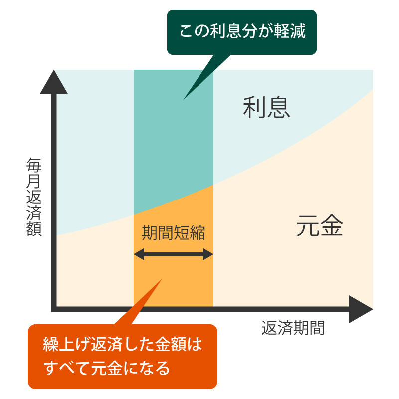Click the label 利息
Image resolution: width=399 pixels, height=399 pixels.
point(266,107)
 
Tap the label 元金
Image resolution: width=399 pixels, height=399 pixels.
point(319,226)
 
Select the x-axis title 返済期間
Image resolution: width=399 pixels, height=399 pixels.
point(293,328)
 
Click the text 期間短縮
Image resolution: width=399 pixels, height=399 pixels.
point(173,233)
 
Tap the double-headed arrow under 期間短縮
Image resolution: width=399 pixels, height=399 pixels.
point(174,255)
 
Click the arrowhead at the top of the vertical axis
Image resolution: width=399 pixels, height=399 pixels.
point(54,83)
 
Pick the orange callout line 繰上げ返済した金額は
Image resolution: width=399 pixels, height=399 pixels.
point(123,345)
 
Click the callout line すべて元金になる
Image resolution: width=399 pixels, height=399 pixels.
point(107,369)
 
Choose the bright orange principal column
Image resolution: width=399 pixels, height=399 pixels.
point(173,279)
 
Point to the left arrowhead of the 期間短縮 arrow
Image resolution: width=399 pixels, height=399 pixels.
point(139,255)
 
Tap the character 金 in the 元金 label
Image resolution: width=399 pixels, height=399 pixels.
point(331,226)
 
